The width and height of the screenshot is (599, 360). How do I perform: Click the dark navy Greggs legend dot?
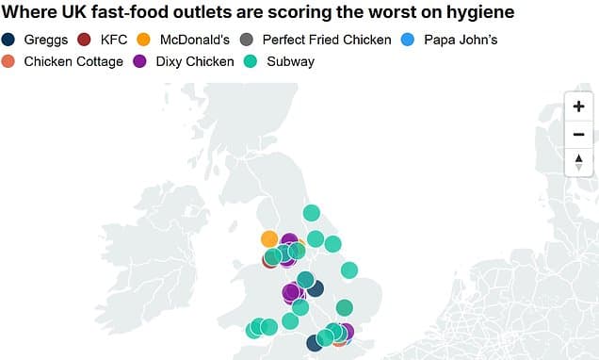coord(9,40)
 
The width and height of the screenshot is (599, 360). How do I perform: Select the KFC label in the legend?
coord(113,40)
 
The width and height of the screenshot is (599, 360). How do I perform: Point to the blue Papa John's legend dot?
coord(408,40)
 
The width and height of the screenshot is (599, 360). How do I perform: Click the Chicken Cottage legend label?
coord(73,61)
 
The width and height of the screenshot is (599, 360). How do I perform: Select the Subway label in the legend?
coord(291,61)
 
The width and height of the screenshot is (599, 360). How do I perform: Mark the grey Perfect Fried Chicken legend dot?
coord(246,40)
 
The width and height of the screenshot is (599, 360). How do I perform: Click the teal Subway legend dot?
coord(251,61)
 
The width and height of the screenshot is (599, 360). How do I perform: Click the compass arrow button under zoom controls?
coord(578,162)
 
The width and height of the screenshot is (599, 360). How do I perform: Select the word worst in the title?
coord(380,13)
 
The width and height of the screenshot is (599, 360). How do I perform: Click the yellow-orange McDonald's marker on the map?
coord(269,238)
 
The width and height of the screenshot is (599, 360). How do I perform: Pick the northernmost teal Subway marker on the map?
coord(311,213)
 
